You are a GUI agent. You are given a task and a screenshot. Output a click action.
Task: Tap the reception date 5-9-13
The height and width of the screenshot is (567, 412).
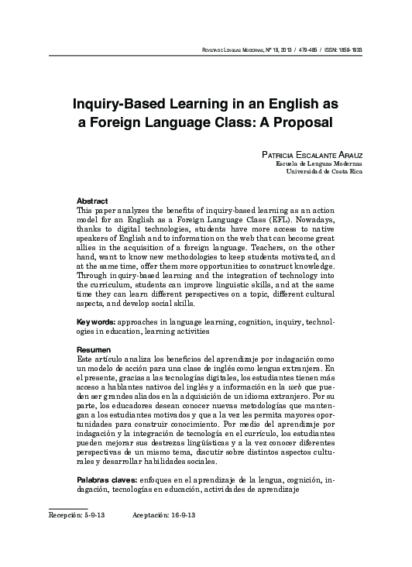tap(90, 514)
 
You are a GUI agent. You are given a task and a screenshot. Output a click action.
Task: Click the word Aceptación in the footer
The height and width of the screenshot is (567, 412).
tap(149, 514)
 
